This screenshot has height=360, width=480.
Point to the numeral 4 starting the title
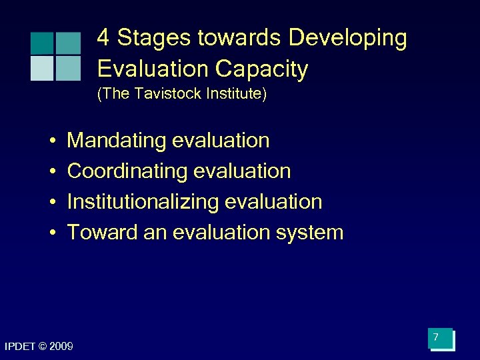click(103, 39)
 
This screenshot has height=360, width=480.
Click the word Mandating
click(117, 141)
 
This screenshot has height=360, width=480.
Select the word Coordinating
click(127, 171)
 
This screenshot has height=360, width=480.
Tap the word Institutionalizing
click(144, 202)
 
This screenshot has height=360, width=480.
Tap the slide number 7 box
click(441, 339)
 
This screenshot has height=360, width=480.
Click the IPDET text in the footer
click(21, 346)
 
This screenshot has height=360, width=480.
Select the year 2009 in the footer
click(61, 346)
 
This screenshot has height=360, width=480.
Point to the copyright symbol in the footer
click(43, 346)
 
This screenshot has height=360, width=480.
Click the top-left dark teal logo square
click(41, 43)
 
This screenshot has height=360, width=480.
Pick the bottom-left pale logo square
click(41, 68)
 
